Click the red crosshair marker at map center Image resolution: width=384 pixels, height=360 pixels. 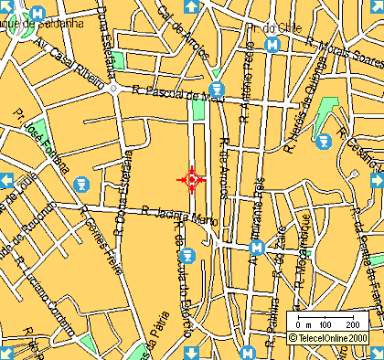click(x=192, y=179)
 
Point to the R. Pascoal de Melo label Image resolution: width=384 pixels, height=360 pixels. click(x=178, y=92)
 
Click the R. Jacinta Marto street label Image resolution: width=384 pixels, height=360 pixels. click(x=179, y=215)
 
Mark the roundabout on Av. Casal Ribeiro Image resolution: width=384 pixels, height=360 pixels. click(x=114, y=90)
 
